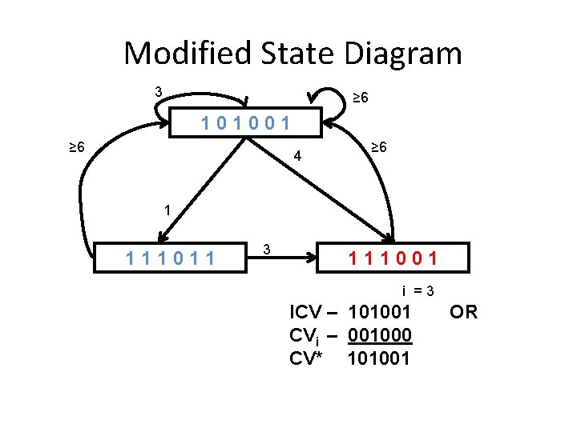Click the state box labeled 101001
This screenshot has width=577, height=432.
coord(246,124)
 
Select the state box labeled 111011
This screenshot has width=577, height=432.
coord(171,258)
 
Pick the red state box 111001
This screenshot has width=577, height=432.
coord(393,258)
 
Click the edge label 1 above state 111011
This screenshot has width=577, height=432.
coord(167,210)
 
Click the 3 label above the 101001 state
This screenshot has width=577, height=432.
coord(159,92)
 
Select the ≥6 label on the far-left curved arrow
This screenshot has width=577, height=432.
coord(76,147)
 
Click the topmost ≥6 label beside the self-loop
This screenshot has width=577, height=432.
coord(361,98)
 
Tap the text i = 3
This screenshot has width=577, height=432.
coord(419,291)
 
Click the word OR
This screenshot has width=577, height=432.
coord(463,312)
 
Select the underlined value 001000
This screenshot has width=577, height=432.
coord(381,335)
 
